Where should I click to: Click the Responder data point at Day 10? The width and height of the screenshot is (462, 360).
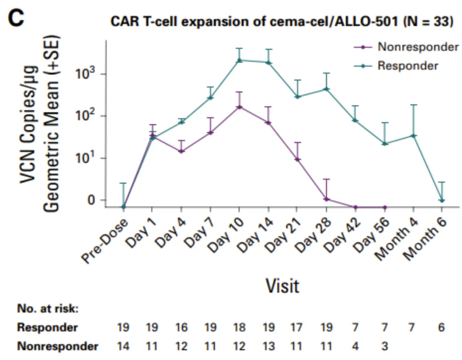pos(240,60)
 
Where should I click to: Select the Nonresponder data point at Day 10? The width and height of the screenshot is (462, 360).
pos(240,106)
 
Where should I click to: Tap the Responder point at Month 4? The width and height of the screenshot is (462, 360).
pos(414,136)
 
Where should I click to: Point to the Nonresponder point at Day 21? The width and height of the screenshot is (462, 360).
pos(297,159)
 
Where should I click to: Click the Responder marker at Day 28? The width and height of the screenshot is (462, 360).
pos(326,89)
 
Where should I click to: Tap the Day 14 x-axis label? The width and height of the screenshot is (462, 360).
pos(255,239)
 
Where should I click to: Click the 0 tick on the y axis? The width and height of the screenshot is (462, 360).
pos(91,200)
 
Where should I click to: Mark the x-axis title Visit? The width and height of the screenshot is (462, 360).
pos(282,286)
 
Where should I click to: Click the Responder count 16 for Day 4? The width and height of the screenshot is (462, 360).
pos(181,328)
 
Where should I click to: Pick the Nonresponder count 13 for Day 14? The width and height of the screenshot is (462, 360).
pos(269,346)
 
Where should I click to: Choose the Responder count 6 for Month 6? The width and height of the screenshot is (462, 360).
pos(441,328)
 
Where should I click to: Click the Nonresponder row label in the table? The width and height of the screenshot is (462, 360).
pos(57,346)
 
